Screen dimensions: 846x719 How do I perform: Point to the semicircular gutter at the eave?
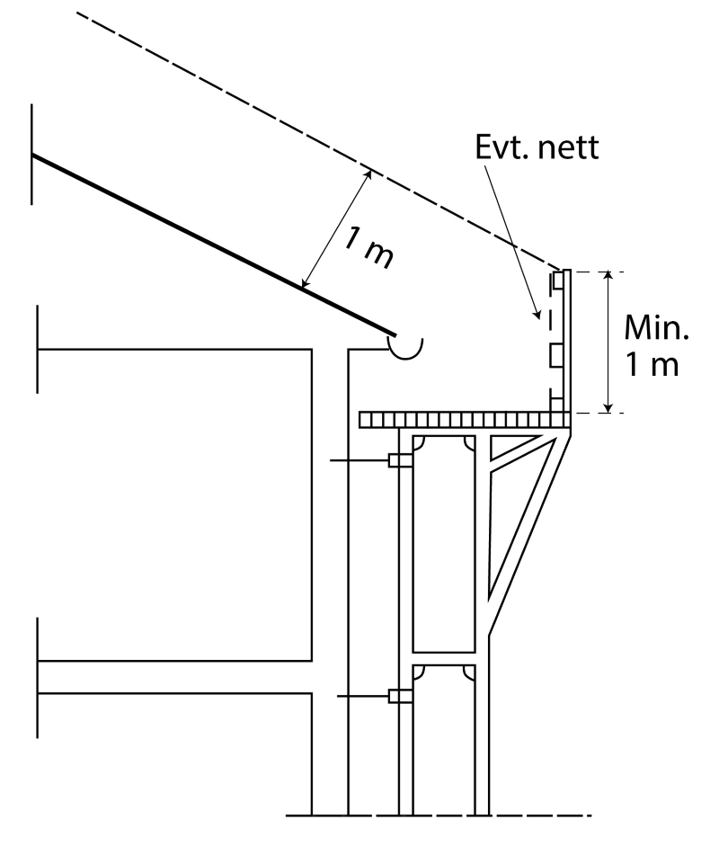pyautogui.click(x=405, y=346)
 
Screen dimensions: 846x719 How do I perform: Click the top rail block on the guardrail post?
pyautogui.click(x=558, y=281)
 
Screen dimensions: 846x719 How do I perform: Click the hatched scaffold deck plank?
pyautogui.click(x=463, y=420)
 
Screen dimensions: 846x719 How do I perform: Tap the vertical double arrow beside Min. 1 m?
pyautogui.click(x=609, y=342)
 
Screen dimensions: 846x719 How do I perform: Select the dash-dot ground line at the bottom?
pyautogui.click(x=440, y=816)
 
